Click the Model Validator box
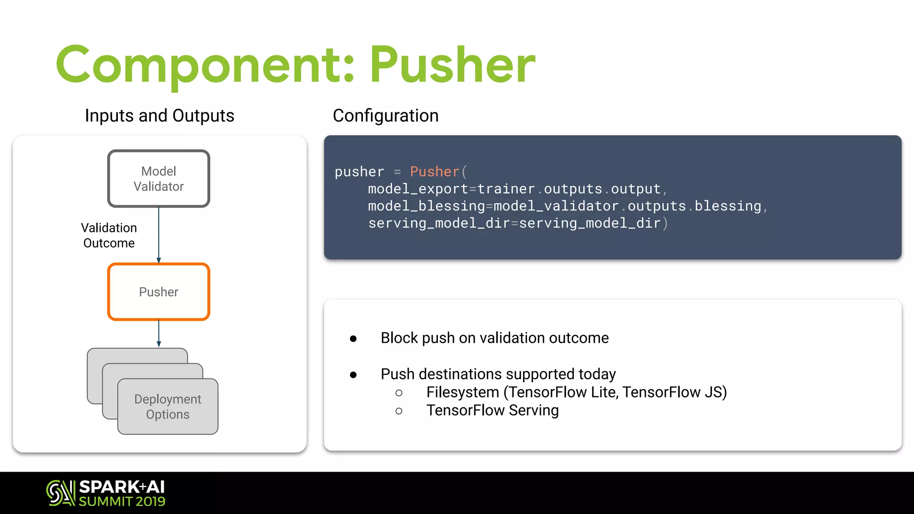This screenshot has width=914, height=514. click(158, 178)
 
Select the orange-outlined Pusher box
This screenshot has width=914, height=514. click(158, 292)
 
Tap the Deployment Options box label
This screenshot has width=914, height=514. click(168, 406)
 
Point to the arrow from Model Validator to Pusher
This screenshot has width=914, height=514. click(158, 235)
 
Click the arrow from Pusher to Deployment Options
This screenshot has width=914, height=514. click(158, 333)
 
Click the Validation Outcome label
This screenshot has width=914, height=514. click(109, 236)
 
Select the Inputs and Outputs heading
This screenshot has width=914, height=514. click(159, 116)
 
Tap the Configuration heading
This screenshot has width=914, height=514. click(386, 116)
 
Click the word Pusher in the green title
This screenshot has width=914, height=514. click(452, 66)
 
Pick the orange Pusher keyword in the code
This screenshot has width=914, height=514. click(434, 172)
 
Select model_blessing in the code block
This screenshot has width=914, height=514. click(426, 206)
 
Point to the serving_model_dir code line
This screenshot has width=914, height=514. click(518, 223)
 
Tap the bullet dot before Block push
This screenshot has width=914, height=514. click(353, 339)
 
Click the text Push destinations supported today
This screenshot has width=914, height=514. click(498, 374)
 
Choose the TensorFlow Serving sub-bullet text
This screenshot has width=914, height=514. click(492, 410)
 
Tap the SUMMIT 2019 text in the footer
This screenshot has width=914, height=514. click(122, 502)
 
